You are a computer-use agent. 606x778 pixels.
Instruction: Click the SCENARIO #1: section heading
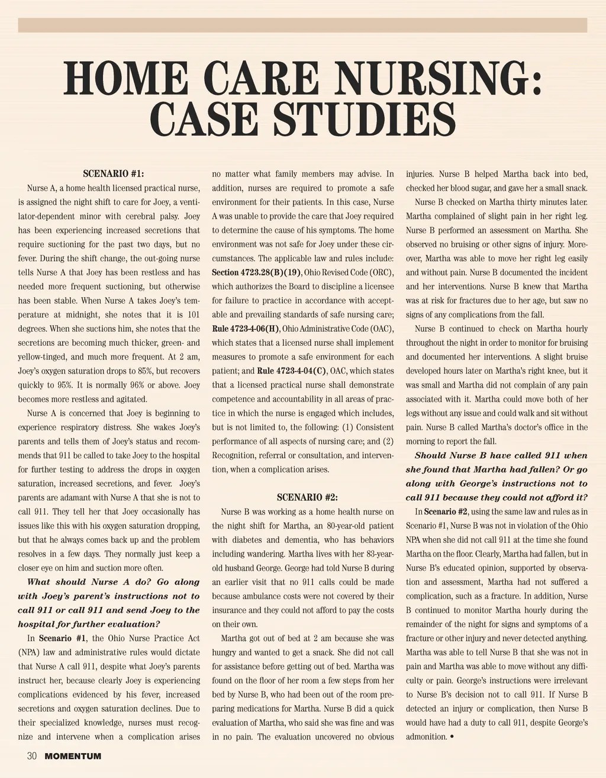point(114,174)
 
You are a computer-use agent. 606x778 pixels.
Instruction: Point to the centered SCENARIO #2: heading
point(307,498)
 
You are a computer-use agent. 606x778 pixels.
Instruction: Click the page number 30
point(32,756)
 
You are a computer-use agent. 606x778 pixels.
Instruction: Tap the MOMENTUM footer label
point(73,756)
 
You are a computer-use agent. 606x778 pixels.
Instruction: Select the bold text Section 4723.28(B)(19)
point(257,273)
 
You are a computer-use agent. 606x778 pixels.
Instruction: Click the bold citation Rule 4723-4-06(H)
point(246,329)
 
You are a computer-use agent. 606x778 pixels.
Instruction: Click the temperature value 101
point(193,315)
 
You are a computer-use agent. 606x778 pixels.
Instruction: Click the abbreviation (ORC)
point(382,273)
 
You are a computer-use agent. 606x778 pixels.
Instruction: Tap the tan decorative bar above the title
point(302,25)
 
